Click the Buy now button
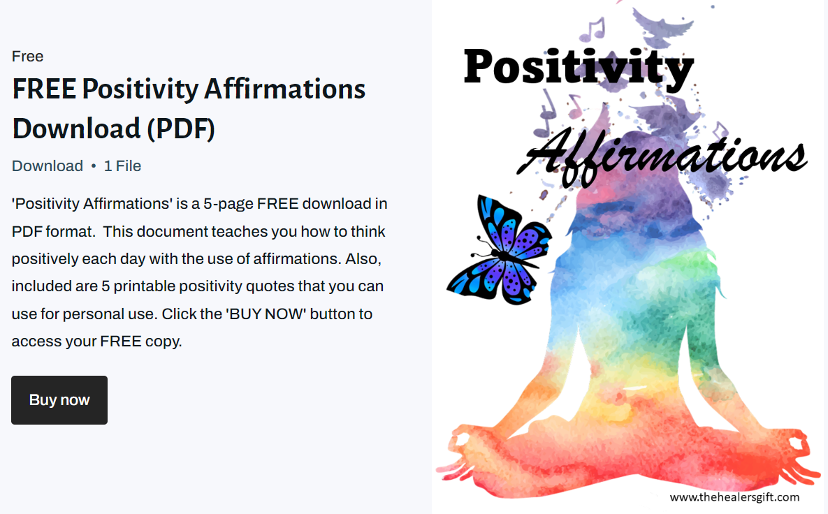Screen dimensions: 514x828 coord(59,400)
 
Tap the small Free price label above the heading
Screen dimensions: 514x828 coord(28,57)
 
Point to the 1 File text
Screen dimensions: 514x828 coord(122,166)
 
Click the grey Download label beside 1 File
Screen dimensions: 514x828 coord(48,166)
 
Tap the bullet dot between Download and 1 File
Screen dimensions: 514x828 coord(94,166)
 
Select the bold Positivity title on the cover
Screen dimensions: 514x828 coord(579,68)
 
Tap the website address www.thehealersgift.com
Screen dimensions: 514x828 coord(734,497)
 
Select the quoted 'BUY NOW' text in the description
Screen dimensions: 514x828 coord(266,314)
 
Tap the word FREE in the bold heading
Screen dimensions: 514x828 coord(43,89)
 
